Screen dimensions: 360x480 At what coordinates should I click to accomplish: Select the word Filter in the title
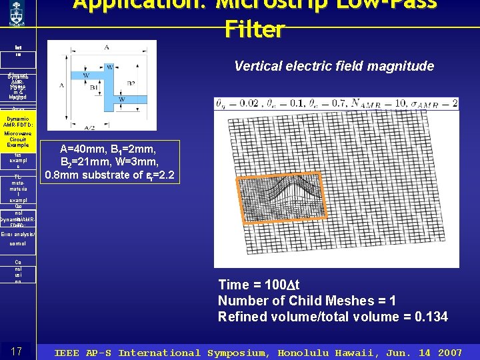(255, 29)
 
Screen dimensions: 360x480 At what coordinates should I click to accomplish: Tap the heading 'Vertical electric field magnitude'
(334, 66)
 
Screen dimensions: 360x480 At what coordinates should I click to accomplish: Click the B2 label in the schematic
(131, 83)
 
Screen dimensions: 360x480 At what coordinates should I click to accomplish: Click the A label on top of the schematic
(107, 47)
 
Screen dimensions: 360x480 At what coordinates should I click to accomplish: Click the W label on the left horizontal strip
(86, 75)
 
